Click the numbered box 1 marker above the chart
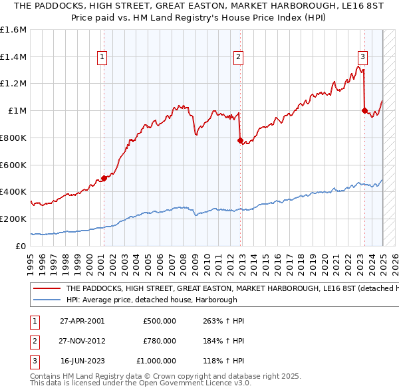pyautogui.click(x=102, y=58)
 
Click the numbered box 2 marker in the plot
pyautogui.click(x=238, y=58)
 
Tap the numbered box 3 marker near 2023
pyautogui.click(x=362, y=56)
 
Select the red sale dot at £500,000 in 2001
pyautogui.click(x=104, y=178)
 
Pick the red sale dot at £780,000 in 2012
pyautogui.click(x=241, y=140)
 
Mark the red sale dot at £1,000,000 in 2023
pyautogui.click(x=364, y=110)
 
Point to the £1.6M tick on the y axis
pyautogui.click(x=13, y=30)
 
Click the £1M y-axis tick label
pyautogui.click(x=17, y=111)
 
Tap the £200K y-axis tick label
pyautogui.click(x=13, y=219)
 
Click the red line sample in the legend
pyautogui.click(x=46, y=289)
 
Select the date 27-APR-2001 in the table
pyautogui.click(x=82, y=321)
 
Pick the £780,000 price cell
pyautogui.click(x=160, y=341)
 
